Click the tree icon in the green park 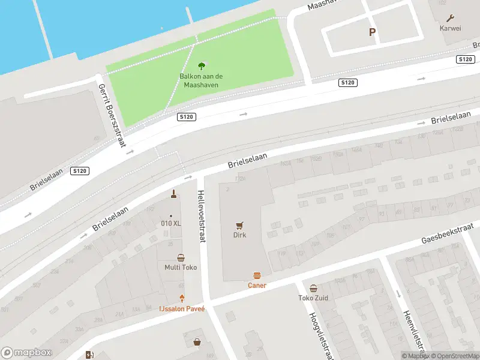201,66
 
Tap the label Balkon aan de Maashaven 201,80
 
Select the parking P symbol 372,32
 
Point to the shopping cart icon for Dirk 240,226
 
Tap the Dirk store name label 240,235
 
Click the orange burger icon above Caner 257,276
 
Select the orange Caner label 257,286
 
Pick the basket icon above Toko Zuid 313,288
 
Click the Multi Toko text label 181,268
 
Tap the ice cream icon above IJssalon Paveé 182,298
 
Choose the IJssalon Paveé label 182,308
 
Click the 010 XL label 170,224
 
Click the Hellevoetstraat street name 201,216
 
